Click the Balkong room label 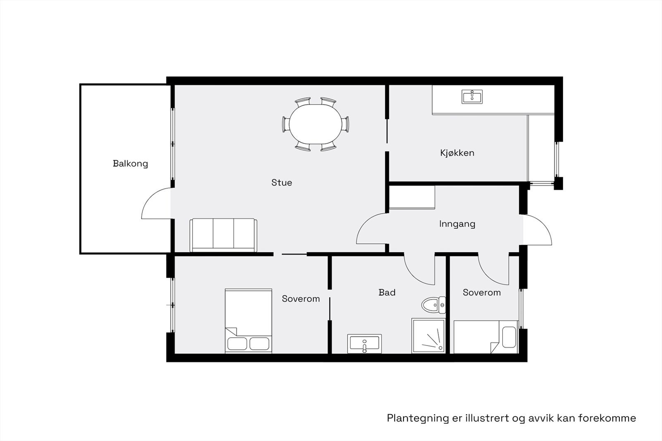[x=130, y=164]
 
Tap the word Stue [x=281, y=183]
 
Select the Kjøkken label [x=457, y=153]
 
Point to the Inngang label [x=457, y=224]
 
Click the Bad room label [x=387, y=293]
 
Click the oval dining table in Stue [x=316, y=124]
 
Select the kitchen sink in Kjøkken [x=472, y=97]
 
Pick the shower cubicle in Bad [x=428, y=336]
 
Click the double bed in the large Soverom [x=248, y=321]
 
